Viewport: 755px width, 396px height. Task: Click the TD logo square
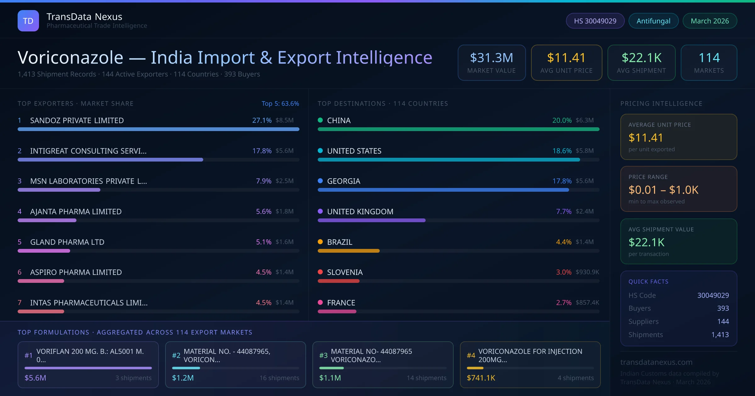[x=28, y=21]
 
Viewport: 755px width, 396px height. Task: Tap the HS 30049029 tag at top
[x=595, y=21]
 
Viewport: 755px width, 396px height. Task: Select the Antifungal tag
[x=653, y=21]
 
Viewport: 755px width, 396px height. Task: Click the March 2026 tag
[x=710, y=21]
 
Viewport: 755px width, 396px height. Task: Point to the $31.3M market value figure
[x=491, y=58]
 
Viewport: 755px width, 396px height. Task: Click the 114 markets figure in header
[x=709, y=58]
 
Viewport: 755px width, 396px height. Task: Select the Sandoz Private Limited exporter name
[x=77, y=120]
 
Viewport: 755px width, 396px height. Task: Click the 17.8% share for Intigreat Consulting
[x=262, y=151]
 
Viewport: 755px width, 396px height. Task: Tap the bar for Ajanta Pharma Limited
[x=47, y=220]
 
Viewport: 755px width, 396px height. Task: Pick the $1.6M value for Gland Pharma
[x=284, y=242]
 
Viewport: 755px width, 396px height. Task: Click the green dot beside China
[x=320, y=120]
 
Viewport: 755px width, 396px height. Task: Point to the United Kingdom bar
[x=371, y=220]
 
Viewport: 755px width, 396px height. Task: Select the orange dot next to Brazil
[x=320, y=242]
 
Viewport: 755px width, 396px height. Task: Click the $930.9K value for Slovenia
[x=587, y=272]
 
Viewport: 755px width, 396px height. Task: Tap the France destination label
[x=341, y=303]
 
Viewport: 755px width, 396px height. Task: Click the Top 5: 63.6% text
[x=280, y=103]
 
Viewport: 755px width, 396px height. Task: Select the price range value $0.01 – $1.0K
[x=663, y=190]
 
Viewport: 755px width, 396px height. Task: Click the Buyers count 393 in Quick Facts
[x=723, y=308]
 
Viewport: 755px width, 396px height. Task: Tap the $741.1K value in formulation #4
[x=481, y=378]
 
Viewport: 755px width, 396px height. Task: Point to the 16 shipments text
[x=279, y=378]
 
